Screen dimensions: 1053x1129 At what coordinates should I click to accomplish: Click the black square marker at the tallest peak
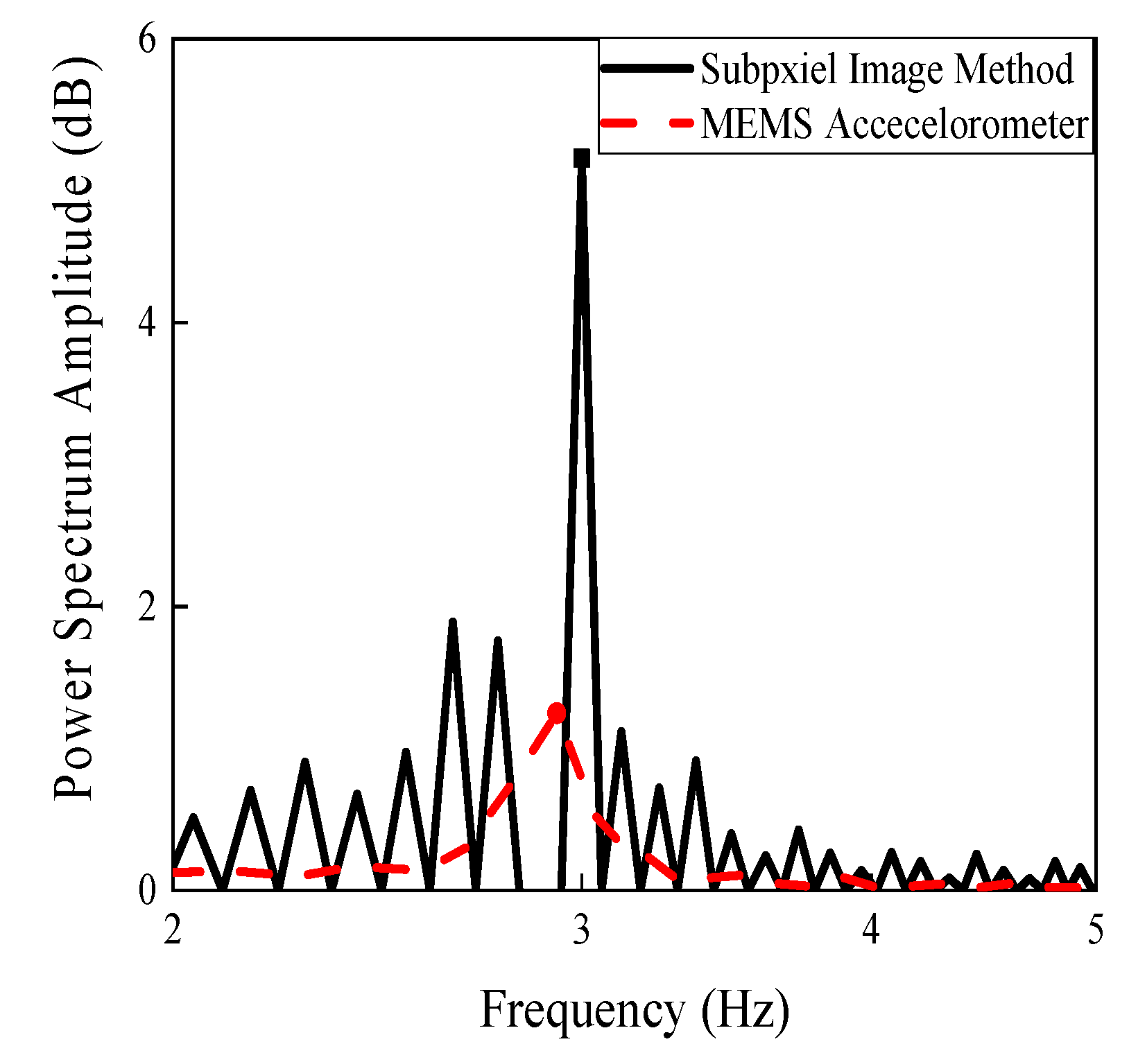pyautogui.click(x=581, y=158)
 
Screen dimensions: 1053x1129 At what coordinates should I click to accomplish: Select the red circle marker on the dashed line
pyautogui.click(x=556, y=712)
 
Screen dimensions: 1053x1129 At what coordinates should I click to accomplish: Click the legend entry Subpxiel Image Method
pyautogui.click(x=887, y=69)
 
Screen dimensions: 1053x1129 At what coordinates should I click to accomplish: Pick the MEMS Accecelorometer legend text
pyautogui.click(x=894, y=125)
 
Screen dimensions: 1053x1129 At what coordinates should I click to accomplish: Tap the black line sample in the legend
pyautogui.click(x=647, y=68)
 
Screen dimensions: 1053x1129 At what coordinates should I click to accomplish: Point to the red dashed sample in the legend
pyautogui.click(x=647, y=123)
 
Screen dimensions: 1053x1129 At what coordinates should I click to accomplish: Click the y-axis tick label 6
pyautogui.click(x=147, y=40)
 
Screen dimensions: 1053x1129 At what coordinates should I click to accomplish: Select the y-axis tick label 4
pyautogui.click(x=147, y=323)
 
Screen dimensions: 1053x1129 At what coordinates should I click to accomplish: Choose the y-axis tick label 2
pyautogui.click(x=147, y=607)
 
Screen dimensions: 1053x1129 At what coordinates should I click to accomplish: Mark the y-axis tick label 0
pyautogui.click(x=147, y=889)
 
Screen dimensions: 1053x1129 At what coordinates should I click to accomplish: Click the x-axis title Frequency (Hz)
pyautogui.click(x=634, y=1009)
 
